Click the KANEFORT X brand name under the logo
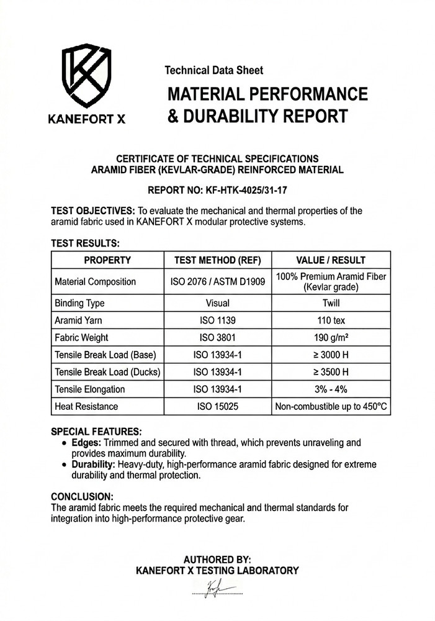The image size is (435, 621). (x=86, y=118)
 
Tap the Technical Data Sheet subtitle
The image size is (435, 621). (x=213, y=71)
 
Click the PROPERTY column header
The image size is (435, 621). (x=107, y=260)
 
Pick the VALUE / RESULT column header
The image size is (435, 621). (x=332, y=260)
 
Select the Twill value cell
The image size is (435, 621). (x=332, y=304)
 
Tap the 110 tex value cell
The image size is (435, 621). (x=332, y=320)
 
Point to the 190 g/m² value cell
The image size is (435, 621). (x=332, y=338)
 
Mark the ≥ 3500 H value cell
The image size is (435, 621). (x=332, y=372)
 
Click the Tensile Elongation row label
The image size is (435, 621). (x=90, y=389)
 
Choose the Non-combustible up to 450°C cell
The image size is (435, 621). (x=332, y=407)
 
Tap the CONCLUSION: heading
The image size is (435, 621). (x=82, y=497)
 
